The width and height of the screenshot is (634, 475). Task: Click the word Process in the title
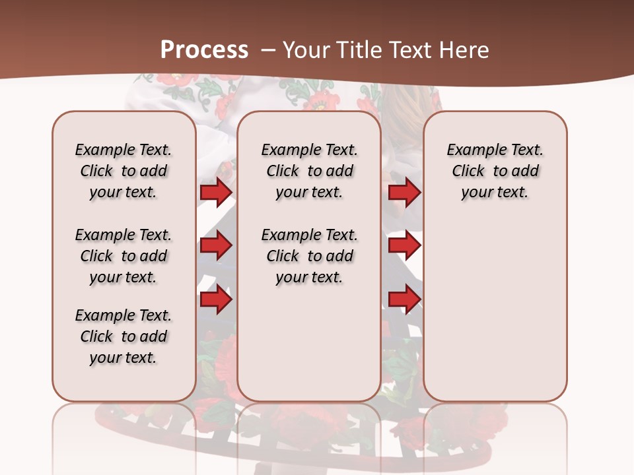coord(204,50)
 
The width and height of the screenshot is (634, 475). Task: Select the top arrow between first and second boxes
coord(216,192)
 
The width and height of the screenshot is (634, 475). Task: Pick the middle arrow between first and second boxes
coord(216,246)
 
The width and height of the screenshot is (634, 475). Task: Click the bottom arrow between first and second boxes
coord(216,300)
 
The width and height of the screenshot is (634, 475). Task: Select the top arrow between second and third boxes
coord(404,192)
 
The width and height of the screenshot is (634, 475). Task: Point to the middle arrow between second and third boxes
coord(404,246)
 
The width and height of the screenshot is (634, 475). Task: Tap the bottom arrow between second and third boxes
coord(404,300)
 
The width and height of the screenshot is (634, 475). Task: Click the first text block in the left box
coord(123,171)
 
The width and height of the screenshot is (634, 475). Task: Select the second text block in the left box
coord(123,256)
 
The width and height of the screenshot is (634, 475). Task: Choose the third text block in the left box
coord(123,336)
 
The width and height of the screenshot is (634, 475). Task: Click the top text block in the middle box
coord(309,171)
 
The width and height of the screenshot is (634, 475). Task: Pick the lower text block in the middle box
coord(309,256)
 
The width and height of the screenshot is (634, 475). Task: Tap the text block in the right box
coord(495,171)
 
